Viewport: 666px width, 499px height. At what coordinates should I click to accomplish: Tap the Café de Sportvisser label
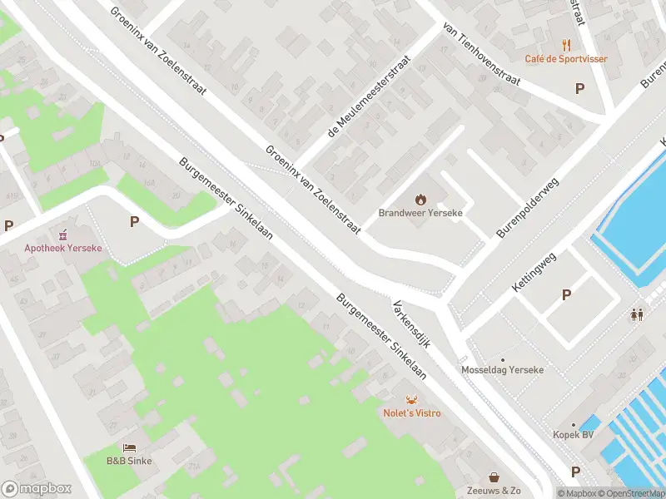[565, 59]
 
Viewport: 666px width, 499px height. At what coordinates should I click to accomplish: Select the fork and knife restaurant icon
[566, 45]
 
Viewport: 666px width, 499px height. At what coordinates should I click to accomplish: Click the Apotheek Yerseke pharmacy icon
[59, 234]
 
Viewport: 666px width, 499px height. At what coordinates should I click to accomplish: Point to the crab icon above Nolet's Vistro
[411, 400]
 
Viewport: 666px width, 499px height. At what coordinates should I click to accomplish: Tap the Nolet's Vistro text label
[411, 413]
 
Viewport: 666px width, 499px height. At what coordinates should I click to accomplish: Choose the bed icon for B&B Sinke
[129, 447]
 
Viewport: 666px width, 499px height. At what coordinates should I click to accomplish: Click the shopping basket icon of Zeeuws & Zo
[495, 477]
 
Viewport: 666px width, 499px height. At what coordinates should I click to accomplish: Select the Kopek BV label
[573, 435]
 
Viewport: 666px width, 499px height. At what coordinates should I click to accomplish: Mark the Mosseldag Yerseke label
[502, 369]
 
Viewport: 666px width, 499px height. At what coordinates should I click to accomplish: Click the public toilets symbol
[637, 314]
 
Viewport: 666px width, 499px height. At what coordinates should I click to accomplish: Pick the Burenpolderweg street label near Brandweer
[528, 208]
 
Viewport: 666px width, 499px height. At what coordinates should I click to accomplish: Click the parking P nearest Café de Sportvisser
[579, 87]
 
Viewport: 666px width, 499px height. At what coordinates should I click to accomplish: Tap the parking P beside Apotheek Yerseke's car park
[133, 221]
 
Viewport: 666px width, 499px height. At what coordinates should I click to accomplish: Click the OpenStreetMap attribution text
[630, 493]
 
